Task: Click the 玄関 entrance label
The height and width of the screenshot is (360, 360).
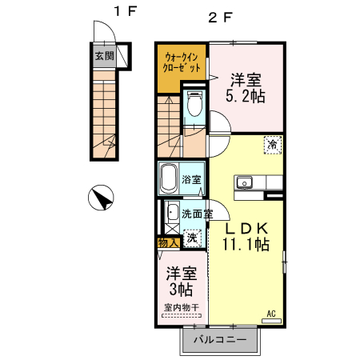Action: tap(105, 56)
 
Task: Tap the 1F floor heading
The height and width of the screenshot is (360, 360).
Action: tap(125, 11)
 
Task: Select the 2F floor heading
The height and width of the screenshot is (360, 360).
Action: tap(219, 18)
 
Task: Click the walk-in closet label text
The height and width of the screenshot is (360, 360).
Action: tap(182, 62)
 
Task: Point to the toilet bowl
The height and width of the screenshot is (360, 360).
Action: tap(194, 104)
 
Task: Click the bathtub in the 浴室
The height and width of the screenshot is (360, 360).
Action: tap(169, 178)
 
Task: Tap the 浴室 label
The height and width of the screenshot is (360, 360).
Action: tap(191, 179)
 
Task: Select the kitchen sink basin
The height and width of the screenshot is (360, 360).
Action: tap(244, 182)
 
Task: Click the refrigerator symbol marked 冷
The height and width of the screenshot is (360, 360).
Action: tap(273, 145)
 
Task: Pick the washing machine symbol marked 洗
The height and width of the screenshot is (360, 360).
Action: tap(192, 238)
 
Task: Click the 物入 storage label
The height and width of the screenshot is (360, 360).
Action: tap(168, 243)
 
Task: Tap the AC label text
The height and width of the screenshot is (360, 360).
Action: tap(271, 314)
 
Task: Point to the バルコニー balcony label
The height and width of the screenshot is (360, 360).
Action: tap(220, 340)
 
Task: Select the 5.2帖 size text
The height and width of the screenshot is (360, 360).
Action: tap(246, 96)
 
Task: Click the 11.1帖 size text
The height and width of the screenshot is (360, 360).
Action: tap(246, 244)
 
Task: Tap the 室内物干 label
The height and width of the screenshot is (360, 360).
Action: tap(182, 307)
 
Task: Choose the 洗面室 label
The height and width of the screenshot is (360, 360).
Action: tap(198, 214)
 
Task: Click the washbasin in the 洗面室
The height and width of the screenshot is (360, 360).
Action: tap(171, 213)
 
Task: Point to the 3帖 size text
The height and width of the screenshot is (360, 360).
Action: tap(182, 290)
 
